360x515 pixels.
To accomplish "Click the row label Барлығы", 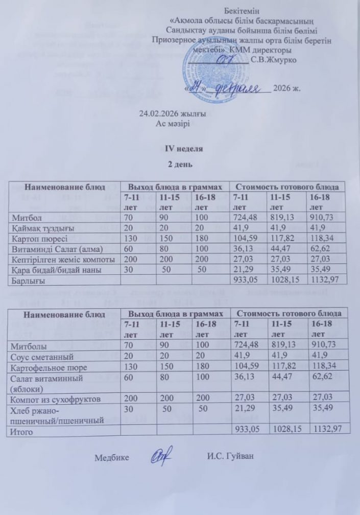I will (28, 280).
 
